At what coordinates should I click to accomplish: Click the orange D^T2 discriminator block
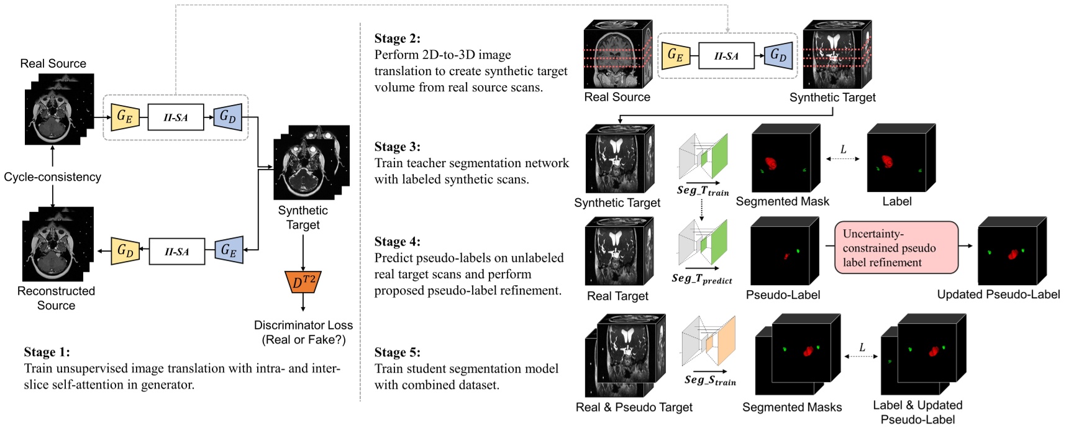point(303,283)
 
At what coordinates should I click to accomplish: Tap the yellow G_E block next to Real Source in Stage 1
point(125,117)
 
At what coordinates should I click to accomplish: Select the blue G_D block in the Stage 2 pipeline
point(778,55)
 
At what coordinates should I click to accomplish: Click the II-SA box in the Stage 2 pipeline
point(726,56)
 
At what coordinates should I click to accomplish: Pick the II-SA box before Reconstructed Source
point(176,252)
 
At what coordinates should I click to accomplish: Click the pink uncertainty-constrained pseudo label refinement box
point(896,248)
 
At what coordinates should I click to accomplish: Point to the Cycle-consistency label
point(52,177)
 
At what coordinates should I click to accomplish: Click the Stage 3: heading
point(398,147)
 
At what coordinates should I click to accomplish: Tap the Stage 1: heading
point(47,352)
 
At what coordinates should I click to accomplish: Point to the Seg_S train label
point(709,380)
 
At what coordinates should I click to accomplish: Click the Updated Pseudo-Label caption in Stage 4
point(998,294)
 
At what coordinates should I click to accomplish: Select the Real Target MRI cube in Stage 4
point(619,252)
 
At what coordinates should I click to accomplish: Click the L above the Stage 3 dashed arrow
point(843,149)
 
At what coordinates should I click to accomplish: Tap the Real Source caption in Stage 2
point(617,98)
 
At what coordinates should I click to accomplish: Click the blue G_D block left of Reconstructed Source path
point(125,251)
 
